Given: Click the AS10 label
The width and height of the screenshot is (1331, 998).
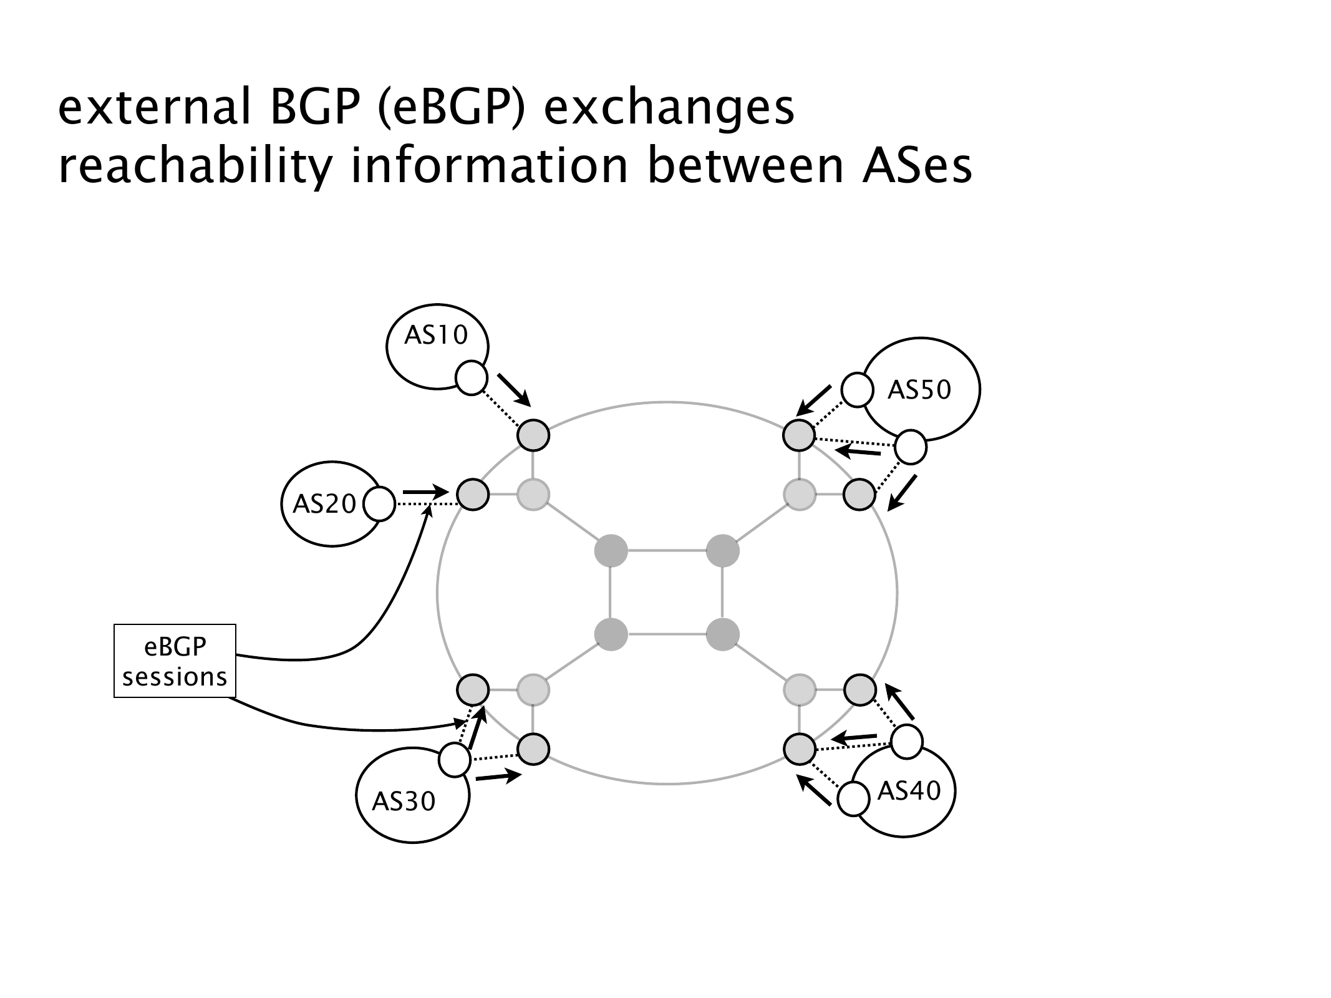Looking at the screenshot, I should coord(435,336).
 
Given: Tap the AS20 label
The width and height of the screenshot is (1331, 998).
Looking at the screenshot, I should coord(324,503).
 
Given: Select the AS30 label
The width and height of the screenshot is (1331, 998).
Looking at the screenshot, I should coord(404,802).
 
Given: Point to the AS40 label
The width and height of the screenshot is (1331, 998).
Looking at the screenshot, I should coord(909,791).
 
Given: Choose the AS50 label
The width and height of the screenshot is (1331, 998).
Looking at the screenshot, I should coord(919,390).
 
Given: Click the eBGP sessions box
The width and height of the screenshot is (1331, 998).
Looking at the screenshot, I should coord(175,661).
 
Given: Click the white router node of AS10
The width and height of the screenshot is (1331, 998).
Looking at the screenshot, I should coord(471,378).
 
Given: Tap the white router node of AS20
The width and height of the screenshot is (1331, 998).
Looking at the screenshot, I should coord(379,504).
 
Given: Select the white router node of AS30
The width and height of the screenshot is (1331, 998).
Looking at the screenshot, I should coord(455,760).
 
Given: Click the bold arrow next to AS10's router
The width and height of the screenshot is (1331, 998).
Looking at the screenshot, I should coord(514,389).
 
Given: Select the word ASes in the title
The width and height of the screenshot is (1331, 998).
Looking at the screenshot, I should coord(917,167).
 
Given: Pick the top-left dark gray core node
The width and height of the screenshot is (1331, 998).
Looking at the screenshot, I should coord(611,551).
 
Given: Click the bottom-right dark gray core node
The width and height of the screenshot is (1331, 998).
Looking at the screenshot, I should coord(722,635).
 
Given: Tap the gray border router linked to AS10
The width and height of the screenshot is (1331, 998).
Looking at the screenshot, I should coord(533,435).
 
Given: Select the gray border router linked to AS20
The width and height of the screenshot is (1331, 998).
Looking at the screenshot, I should coord(473,495).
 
